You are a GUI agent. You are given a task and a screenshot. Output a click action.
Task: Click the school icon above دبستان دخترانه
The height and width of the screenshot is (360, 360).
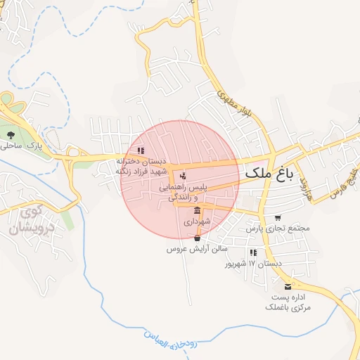pyautogui.click(x=141, y=150)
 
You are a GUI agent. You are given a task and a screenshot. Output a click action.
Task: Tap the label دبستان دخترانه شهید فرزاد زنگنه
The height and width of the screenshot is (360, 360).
pyautogui.click(x=142, y=165)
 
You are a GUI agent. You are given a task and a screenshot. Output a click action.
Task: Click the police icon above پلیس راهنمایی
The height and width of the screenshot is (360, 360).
pyautogui.click(x=183, y=175)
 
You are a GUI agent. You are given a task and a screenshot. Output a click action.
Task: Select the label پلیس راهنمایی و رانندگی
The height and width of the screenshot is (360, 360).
pyautogui.click(x=184, y=193)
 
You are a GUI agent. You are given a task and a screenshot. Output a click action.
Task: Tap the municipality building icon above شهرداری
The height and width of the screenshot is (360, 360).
pyautogui.click(x=197, y=211)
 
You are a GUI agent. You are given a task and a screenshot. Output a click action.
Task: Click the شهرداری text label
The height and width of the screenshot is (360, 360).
pyautogui.click(x=197, y=221)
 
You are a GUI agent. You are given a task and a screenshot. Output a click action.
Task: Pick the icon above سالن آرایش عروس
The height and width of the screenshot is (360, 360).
pyautogui.click(x=196, y=238)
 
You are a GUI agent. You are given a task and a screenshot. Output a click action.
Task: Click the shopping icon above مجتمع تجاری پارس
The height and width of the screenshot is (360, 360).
pyautogui.click(x=278, y=218)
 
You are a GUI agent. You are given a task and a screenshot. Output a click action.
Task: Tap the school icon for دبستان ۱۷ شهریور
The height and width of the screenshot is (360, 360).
pyautogui.click(x=253, y=252)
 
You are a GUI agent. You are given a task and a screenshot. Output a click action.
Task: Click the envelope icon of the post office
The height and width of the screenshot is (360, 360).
pyautogui.click(x=288, y=286)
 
